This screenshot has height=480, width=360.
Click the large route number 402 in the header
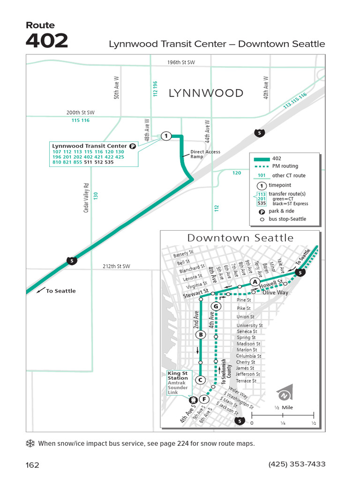click(x=47, y=41)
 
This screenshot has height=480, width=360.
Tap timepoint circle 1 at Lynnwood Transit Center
click(x=165, y=136)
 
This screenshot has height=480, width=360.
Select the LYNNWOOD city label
click(x=206, y=93)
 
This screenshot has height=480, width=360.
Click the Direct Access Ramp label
click(x=205, y=154)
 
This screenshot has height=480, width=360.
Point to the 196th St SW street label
click(x=181, y=62)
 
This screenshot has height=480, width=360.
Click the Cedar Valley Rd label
click(x=86, y=197)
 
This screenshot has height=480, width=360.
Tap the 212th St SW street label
click(x=116, y=266)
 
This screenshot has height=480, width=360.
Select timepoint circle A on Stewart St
click(x=254, y=282)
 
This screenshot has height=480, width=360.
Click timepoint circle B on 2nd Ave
click(x=201, y=335)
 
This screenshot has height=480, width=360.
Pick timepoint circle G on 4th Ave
click(x=216, y=307)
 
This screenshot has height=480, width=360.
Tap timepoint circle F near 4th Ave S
click(x=204, y=399)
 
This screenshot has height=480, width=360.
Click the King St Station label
click(x=178, y=375)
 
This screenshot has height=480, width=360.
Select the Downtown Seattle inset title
click(x=240, y=238)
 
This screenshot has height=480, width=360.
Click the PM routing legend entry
click(x=285, y=166)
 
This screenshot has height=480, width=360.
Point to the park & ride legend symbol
click(x=262, y=211)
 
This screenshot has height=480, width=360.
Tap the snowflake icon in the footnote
click(x=31, y=443)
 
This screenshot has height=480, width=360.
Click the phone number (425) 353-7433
click(x=297, y=464)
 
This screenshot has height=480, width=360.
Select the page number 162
click(x=33, y=465)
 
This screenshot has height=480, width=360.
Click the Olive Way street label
click(x=275, y=292)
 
